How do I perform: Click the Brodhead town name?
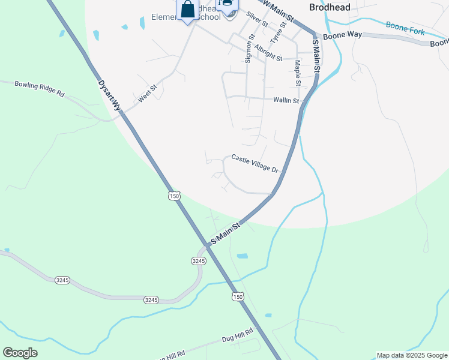click(330, 7)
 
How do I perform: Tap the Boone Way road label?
click(342, 35)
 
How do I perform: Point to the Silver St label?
click(257, 19)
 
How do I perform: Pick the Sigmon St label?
click(250, 48)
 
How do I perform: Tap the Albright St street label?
click(268, 52)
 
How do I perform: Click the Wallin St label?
click(286, 100)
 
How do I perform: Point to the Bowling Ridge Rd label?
click(39, 89)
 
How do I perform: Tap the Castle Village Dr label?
click(255, 164)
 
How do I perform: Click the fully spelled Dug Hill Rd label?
click(238, 335)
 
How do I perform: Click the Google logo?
click(20, 353)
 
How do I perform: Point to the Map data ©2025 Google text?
click(412, 355)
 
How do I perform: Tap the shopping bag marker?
click(187, 10)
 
